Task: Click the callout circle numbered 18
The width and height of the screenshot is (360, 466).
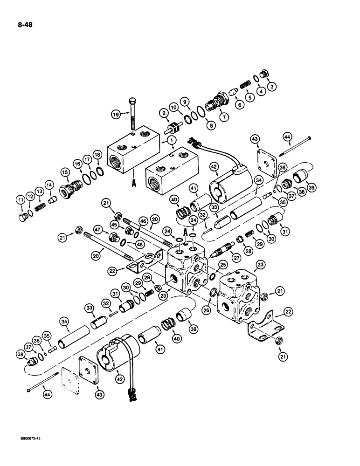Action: (97, 155)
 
